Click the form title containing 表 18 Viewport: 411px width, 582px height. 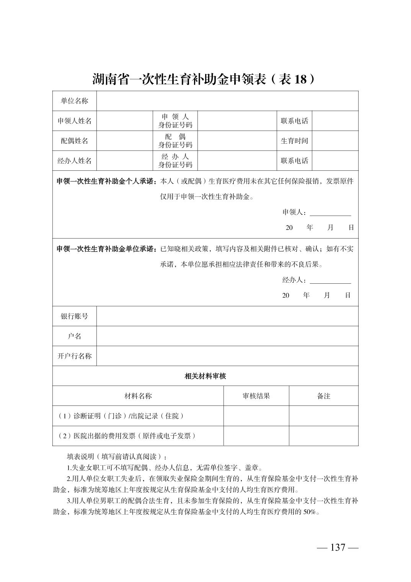pyautogui.click(x=205, y=79)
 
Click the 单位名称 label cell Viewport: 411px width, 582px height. pyautogui.click(x=74, y=101)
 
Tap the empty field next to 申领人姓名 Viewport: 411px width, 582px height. pyautogui.click(x=124, y=121)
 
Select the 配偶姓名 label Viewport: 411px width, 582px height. pyautogui.click(x=74, y=141)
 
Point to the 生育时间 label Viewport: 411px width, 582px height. pyautogui.click(x=294, y=141)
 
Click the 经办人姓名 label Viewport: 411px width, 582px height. pyautogui.click(x=74, y=161)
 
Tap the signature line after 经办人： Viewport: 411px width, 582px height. pyautogui.click(x=330, y=280)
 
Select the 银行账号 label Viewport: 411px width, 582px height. pyautogui.click(x=74, y=316)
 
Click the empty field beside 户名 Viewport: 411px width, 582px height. pyautogui.click(x=227, y=336)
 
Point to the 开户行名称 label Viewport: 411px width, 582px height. pyautogui.click(x=74, y=356)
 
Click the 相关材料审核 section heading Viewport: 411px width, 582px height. pyautogui.click(x=205, y=376)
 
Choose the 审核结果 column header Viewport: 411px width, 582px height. pyautogui.click(x=256, y=396)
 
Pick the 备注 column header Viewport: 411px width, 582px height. pyautogui.click(x=323, y=396)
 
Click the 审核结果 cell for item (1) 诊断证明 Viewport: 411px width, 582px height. pyautogui.click(x=256, y=416)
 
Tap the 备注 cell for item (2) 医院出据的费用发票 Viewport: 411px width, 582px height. pyautogui.click(x=323, y=436)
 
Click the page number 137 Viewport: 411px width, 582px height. pyautogui.click(x=338, y=548)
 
